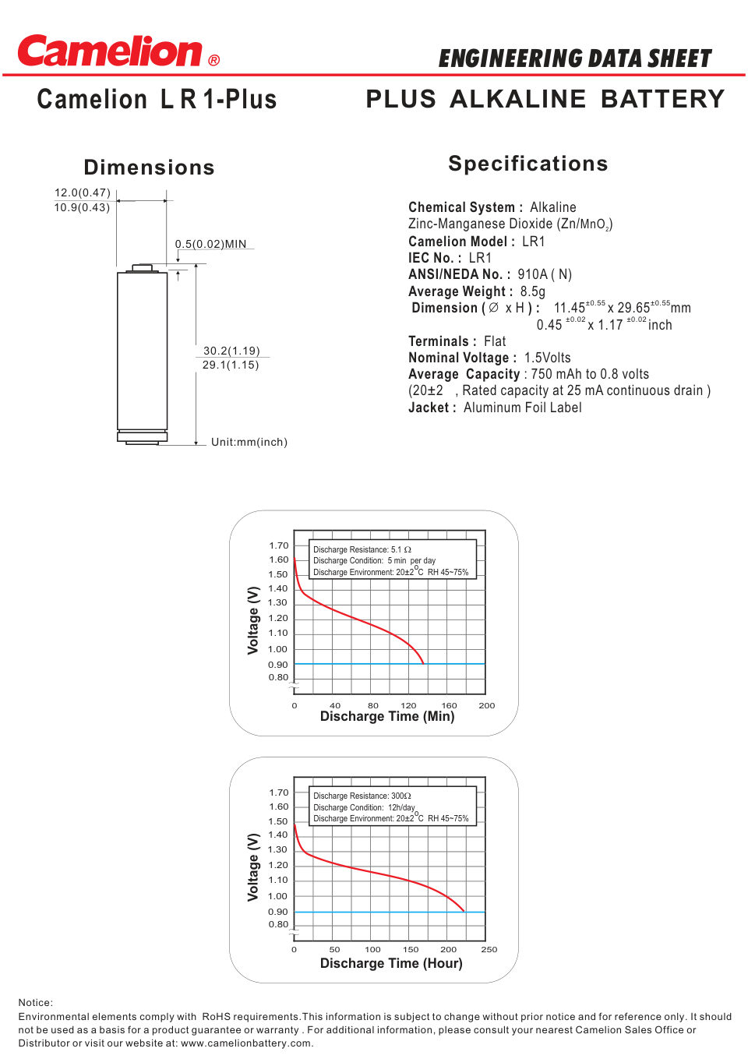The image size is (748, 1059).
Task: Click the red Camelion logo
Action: pyautogui.click(x=110, y=51)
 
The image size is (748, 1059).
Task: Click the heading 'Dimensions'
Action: pyautogui.click(x=149, y=168)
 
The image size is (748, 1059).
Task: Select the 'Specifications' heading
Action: pyautogui.click(x=527, y=164)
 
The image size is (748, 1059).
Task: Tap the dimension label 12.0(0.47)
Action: pyautogui.click(x=82, y=192)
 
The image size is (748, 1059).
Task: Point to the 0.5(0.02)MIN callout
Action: pyautogui.click(x=210, y=244)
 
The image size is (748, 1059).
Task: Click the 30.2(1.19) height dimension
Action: pyautogui.click(x=231, y=351)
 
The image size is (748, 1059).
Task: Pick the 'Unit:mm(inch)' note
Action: pyautogui.click(x=249, y=442)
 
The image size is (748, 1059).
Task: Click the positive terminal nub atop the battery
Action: pyautogui.click(x=142, y=268)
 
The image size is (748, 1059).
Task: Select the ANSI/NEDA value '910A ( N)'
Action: pyautogui.click(x=544, y=274)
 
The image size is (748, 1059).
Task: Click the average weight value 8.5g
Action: pyautogui.click(x=532, y=291)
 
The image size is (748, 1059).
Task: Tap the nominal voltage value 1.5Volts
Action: pyautogui.click(x=547, y=358)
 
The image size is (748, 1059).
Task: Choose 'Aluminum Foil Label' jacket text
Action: pyautogui.click(x=522, y=408)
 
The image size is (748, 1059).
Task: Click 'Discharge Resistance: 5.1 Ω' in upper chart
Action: pyautogui.click(x=362, y=549)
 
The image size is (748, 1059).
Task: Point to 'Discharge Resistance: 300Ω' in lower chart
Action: pyautogui.click(x=362, y=796)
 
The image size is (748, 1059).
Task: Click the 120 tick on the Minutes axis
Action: pyautogui.click(x=408, y=705)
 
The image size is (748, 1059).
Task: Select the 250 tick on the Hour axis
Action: pyautogui.click(x=489, y=949)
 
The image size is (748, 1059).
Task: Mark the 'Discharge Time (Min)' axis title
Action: pyautogui.click(x=386, y=716)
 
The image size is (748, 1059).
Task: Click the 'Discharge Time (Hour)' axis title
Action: pyautogui.click(x=390, y=963)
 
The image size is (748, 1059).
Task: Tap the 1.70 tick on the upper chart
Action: pyautogui.click(x=278, y=545)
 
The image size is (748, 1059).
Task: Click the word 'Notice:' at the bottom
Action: pyautogui.click(x=36, y=1003)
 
